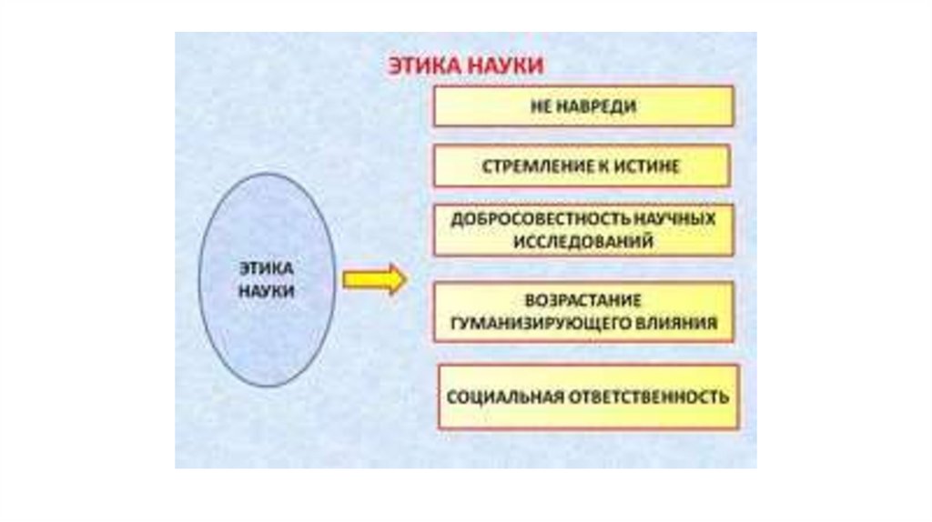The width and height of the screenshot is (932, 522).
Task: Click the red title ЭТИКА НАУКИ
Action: (x=467, y=65)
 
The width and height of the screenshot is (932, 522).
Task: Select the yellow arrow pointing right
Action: (x=374, y=280)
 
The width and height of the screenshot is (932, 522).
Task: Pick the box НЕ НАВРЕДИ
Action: (x=582, y=106)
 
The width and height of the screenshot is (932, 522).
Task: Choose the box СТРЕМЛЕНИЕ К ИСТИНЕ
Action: (x=581, y=166)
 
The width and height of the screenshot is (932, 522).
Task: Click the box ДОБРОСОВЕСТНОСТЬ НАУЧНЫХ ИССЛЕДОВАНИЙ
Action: (x=582, y=230)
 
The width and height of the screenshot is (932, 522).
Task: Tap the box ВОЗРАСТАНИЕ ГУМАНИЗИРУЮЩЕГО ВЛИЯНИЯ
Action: (x=583, y=311)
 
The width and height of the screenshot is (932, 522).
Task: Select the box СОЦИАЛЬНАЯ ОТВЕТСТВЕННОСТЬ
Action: (x=588, y=397)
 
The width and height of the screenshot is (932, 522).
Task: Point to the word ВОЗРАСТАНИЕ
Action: (x=583, y=300)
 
